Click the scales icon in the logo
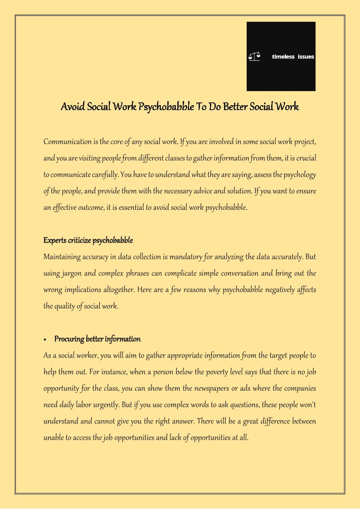click(x=254, y=57)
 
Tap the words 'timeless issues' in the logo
click(x=293, y=57)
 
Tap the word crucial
click(x=306, y=158)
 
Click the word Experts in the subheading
click(x=54, y=240)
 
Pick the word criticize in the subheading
click(x=79, y=240)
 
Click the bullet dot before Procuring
click(x=46, y=339)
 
